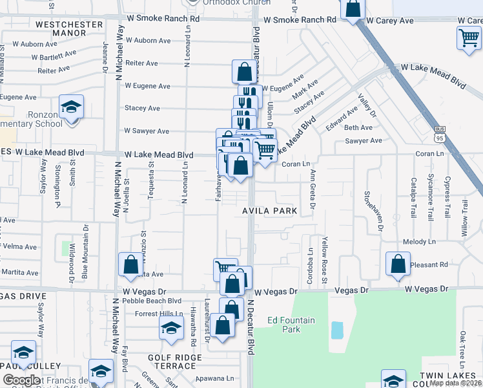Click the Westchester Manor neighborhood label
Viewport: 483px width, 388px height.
tap(69, 28)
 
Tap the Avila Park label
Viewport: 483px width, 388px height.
tap(270, 211)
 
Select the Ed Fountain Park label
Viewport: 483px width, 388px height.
tap(291, 325)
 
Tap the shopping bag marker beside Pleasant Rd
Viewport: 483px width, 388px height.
tap(398, 264)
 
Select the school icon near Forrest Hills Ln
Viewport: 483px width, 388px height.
tap(171, 327)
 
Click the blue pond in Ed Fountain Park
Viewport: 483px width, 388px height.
tap(337, 330)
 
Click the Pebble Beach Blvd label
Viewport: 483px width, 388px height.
tap(157, 301)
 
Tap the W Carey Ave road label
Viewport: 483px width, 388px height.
tap(389, 21)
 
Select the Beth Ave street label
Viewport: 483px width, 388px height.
tap(358, 128)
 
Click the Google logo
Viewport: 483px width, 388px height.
tap(22, 380)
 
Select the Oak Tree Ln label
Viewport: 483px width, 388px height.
tap(462, 347)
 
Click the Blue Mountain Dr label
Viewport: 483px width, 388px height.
tap(85, 246)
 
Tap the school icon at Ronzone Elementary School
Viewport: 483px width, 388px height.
tap(72, 107)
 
